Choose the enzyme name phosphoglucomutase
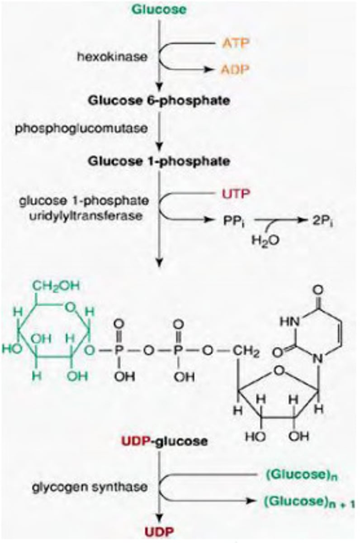point(81,128)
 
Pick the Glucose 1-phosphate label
point(159,161)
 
